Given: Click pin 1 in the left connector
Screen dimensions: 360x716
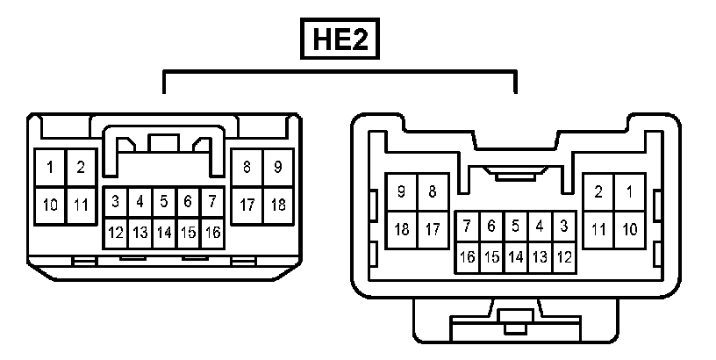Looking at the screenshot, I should pyautogui.click(x=51, y=167).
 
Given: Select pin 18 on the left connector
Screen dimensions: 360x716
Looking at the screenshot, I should pyautogui.click(x=277, y=205).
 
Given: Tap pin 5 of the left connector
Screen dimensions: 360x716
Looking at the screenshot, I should pyautogui.click(x=163, y=202).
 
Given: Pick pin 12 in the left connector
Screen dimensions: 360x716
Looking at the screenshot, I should pyautogui.click(x=115, y=233).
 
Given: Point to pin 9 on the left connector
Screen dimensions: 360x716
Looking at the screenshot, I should pyautogui.click(x=277, y=167).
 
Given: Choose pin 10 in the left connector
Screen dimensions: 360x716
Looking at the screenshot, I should pyautogui.click(x=51, y=205).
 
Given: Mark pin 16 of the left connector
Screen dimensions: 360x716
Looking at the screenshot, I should pyautogui.click(x=211, y=233).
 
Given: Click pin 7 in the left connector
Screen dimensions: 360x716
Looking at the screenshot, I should pyautogui.click(x=211, y=202).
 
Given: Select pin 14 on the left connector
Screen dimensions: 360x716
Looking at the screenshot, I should pyautogui.click(x=163, y=233).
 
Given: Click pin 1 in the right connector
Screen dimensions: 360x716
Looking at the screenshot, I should pyautogui.click(x=629, y=191).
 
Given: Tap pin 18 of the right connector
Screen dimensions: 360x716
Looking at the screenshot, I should pyautogui.click(x=402, y=230).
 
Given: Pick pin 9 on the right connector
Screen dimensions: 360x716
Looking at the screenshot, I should pyautogui.click(x=402, y=191).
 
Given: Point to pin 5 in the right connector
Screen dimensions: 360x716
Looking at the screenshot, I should pyautogui.click(x=516, y=227).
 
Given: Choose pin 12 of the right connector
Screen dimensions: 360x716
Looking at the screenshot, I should pyautogui.click(x=564, y=257).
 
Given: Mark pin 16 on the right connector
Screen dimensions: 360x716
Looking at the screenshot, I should pyautogui.click(x=468, y=257).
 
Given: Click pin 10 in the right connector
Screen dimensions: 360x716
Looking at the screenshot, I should pyautogui.click(x=629, y=230).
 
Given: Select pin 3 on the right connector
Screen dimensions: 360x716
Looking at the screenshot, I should pyautogui.click(x=564, y=227).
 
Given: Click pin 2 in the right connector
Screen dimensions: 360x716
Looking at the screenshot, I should pyautogui.click(x=598, y=191).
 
